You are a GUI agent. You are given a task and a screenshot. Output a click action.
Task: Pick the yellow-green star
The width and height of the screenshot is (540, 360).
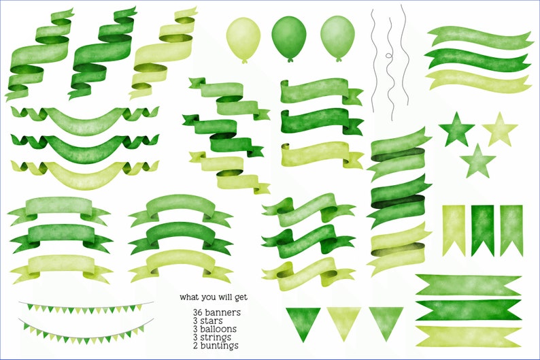tap(500, 129)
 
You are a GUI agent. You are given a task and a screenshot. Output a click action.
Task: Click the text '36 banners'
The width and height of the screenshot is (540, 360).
tap(216, 312)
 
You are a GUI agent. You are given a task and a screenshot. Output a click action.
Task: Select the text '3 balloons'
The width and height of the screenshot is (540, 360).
tap(214, 329)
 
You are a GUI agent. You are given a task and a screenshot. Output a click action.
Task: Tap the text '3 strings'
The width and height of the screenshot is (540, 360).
tap(212, 337)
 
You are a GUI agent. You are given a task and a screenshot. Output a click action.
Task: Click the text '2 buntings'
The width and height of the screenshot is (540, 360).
tap(215, 345)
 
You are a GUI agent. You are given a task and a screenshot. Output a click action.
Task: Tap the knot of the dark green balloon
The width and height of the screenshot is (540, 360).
tap(290, 61)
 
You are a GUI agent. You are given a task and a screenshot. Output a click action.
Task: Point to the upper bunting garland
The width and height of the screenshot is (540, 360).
tap(85, 308)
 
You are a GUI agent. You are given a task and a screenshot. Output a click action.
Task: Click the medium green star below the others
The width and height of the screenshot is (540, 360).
tap(477, 161)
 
